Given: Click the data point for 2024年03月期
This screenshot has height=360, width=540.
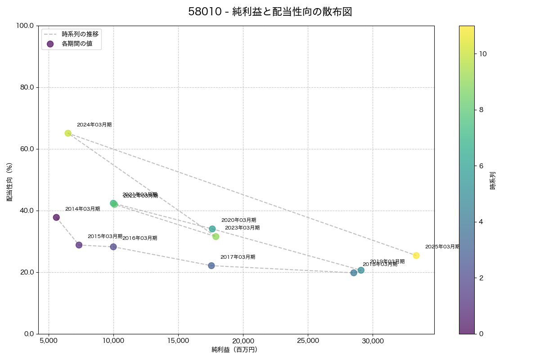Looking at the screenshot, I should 68,133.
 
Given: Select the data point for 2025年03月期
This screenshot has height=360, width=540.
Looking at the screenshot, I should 416,256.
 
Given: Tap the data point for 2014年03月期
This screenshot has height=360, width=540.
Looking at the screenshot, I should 56,217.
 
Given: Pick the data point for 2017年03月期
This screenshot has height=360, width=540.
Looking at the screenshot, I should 211,265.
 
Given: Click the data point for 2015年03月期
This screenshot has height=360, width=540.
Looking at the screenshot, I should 79,245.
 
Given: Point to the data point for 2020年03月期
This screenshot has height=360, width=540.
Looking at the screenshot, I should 212,229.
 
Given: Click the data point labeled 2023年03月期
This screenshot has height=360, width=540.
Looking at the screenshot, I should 216,237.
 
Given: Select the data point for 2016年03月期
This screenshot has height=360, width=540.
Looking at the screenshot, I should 113,247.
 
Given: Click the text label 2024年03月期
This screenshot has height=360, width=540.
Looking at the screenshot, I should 94,125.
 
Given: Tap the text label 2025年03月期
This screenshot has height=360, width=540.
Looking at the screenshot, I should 442,247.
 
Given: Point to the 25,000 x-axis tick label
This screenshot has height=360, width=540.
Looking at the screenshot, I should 308,341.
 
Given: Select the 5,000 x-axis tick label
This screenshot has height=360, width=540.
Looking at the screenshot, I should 49,341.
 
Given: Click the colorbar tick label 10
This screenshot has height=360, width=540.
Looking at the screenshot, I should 483,54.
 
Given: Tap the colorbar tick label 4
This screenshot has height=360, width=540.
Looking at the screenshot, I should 481,222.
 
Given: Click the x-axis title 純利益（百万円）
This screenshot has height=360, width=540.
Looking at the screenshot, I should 234,350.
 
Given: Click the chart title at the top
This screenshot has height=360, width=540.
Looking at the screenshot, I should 270,12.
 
